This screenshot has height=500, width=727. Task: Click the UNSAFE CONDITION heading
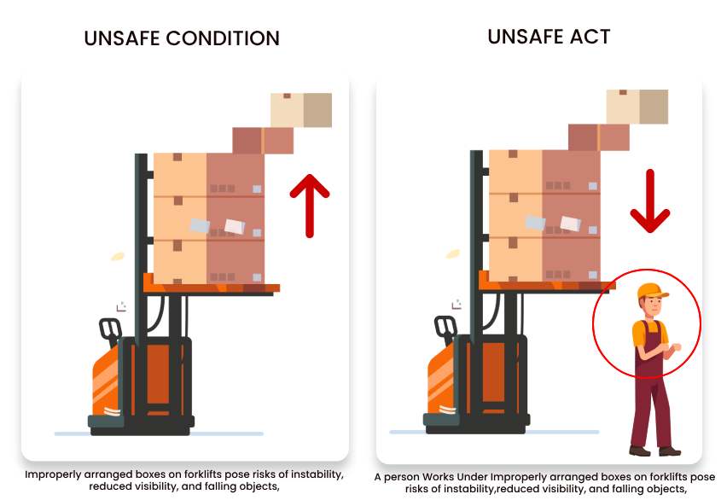[181, 38]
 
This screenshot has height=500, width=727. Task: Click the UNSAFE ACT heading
[549, 37]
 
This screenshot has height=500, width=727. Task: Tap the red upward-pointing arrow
[309, 201]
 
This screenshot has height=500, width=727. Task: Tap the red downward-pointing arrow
[649, 201]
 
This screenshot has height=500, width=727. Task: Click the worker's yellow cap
[651, 290]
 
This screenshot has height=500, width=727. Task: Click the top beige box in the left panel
[300, 109]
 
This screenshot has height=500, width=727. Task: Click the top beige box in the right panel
[637, 107]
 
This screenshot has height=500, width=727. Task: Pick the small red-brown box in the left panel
[263, 141]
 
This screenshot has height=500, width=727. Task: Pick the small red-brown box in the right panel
[598, 137]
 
